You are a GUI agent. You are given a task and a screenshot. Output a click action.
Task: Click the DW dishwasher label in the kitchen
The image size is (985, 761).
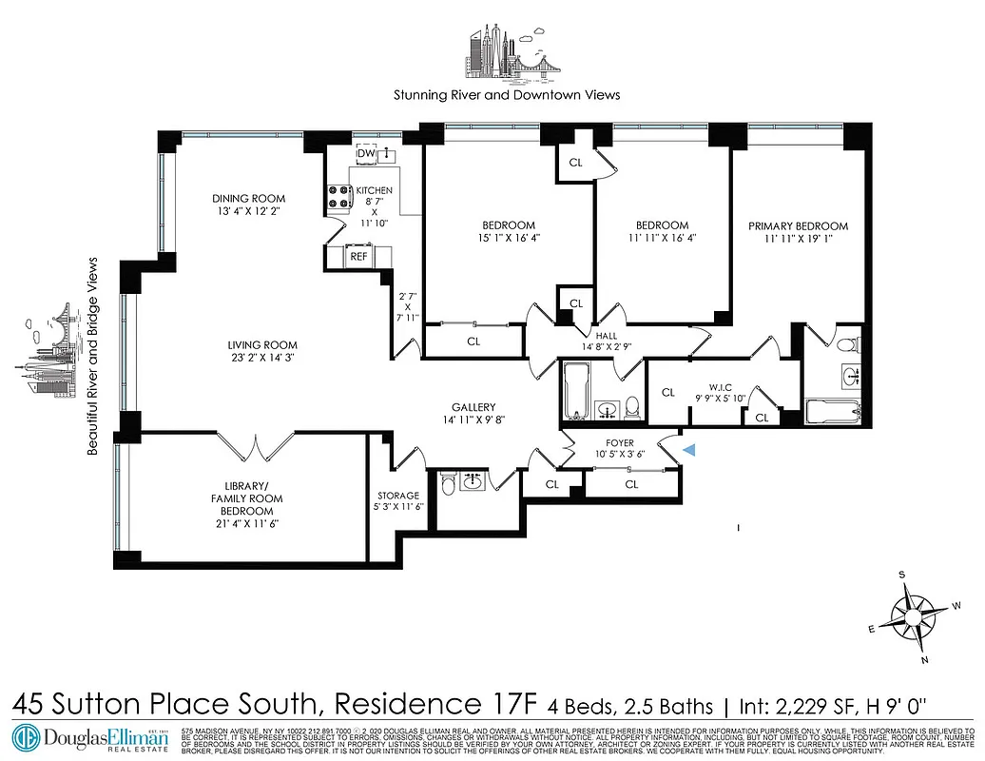(365, 153)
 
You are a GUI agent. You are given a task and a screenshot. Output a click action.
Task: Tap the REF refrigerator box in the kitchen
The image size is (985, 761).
(358, 256)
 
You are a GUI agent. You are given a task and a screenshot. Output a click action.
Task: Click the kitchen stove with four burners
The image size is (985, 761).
(338, 196)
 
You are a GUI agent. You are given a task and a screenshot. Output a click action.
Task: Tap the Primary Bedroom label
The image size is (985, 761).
(798, 226)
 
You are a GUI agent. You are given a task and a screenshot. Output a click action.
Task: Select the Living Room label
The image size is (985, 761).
(261, 345)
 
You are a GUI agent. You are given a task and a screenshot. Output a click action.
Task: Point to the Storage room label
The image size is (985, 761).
(397, 496)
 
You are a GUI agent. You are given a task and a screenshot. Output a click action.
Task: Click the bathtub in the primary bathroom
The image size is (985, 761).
(832, 413)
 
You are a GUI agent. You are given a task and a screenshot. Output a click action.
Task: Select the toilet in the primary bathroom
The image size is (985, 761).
(849, 342)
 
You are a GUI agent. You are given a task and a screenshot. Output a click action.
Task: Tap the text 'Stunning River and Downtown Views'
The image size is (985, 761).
(507, 95)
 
